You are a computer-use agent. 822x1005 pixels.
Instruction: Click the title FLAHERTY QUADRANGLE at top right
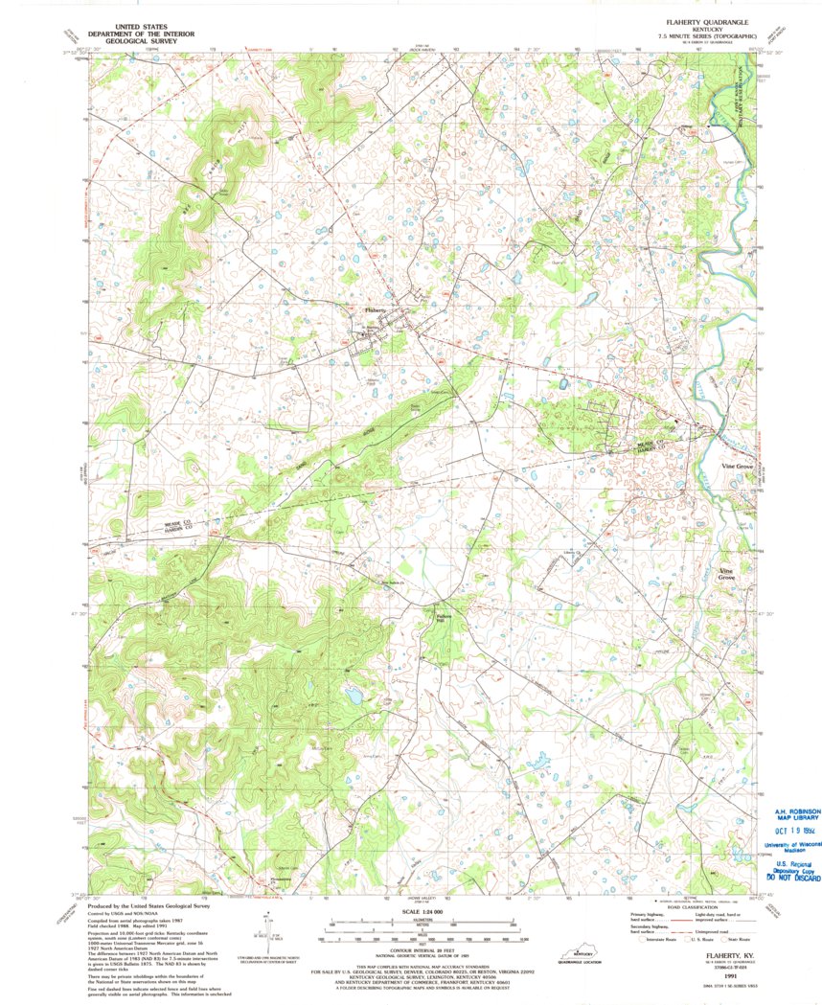[700, 20]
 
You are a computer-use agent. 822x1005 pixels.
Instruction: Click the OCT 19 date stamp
[784, 832]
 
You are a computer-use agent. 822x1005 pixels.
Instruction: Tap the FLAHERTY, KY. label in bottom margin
[728, 955]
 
